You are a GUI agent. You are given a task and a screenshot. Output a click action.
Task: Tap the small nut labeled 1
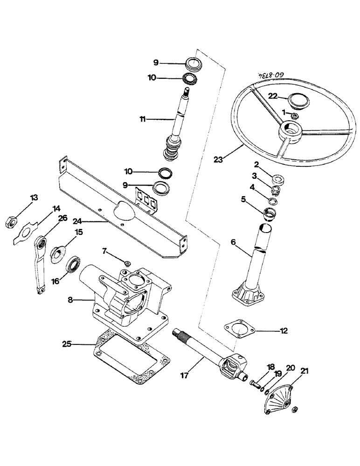click(x=293, y=115)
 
